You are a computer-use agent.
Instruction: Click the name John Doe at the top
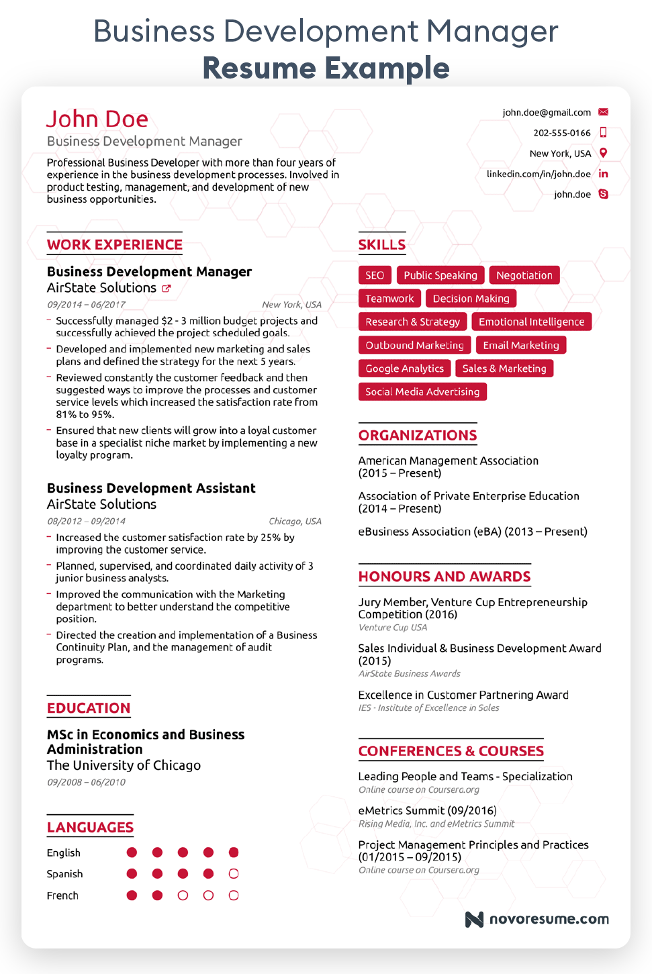click(97, 119)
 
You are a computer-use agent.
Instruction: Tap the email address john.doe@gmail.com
click(546, 113)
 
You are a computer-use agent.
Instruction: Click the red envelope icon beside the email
click(603, 112)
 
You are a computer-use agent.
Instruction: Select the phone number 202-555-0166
click(561, 133)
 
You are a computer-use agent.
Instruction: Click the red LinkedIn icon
click(603, 174)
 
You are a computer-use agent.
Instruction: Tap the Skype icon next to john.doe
click(603, 194)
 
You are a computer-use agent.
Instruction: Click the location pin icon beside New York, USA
click(603, 153)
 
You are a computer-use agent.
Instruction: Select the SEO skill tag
click(375, 275)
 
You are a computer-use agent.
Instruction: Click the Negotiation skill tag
click(524, 275)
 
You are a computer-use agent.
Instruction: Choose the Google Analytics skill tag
click(404, 369)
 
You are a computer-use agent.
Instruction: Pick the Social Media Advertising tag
click(422, 392)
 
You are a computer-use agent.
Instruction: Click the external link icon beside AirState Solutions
click(166, 289)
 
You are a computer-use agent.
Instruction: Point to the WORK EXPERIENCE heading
click(115, 244)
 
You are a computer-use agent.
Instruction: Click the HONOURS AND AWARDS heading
click(444, 577)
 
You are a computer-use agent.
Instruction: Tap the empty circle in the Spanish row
click(234, 874)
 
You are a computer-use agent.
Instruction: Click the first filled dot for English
click(132, 853)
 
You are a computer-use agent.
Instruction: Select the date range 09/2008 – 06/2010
click(86, 782)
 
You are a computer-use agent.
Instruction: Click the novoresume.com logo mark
click(474, 919)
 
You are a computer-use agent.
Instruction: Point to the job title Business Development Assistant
click(151, 488)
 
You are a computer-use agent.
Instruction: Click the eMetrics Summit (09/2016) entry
click(427, 810)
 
